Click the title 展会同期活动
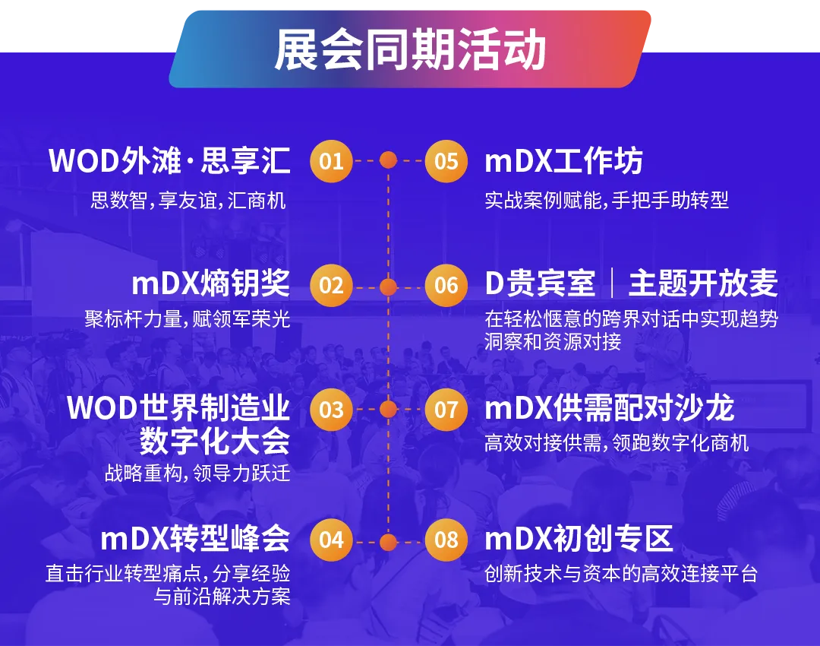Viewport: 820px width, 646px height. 410,50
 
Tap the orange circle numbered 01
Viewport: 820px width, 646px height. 331,161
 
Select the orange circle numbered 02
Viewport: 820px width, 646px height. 331,286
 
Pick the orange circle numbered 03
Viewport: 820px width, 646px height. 331,410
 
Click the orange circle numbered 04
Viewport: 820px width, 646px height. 331,540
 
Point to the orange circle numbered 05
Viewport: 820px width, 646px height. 446,161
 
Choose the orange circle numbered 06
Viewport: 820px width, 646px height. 446,286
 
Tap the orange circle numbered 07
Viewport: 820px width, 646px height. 446,410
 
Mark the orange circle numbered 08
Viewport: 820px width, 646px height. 446,540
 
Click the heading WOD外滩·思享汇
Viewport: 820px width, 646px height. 169,161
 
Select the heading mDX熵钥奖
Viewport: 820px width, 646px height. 210,284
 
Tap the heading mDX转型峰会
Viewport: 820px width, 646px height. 195,540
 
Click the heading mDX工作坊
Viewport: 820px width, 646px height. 563,161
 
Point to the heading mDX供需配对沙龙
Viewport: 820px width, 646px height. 609,409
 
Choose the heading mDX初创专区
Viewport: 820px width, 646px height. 579,540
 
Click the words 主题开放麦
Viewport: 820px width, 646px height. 703,284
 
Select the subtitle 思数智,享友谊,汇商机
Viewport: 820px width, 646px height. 188,201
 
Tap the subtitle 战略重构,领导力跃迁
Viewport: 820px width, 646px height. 197,473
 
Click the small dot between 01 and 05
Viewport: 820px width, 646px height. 389,160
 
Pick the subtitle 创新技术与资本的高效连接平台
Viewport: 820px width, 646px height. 621,574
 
